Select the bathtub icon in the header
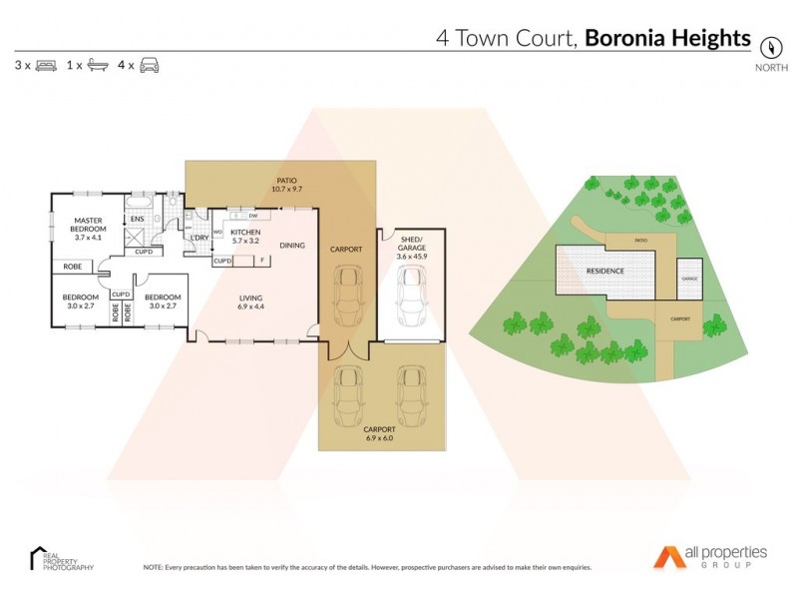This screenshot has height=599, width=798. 98,65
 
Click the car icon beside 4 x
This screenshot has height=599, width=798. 150,65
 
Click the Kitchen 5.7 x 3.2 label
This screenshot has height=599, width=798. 245,237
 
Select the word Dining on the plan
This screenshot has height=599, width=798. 292,245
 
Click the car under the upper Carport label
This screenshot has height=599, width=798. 347,296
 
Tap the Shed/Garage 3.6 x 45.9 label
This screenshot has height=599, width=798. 409,248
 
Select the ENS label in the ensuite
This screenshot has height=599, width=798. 138,219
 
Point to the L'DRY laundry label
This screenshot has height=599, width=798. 199,238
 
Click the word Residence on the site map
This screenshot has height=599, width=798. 604,271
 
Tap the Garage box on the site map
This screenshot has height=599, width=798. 688,278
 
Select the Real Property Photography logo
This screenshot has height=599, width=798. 62,559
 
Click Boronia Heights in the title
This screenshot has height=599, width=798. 666,38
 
